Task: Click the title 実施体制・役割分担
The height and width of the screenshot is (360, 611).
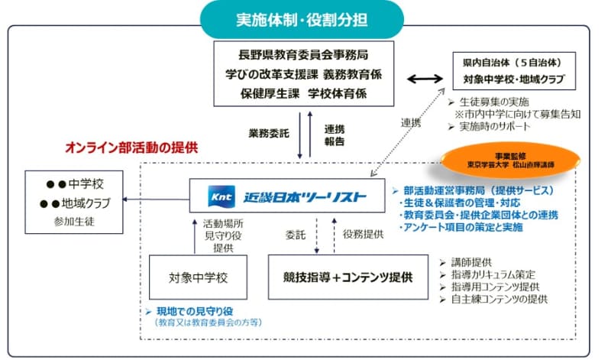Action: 305,16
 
